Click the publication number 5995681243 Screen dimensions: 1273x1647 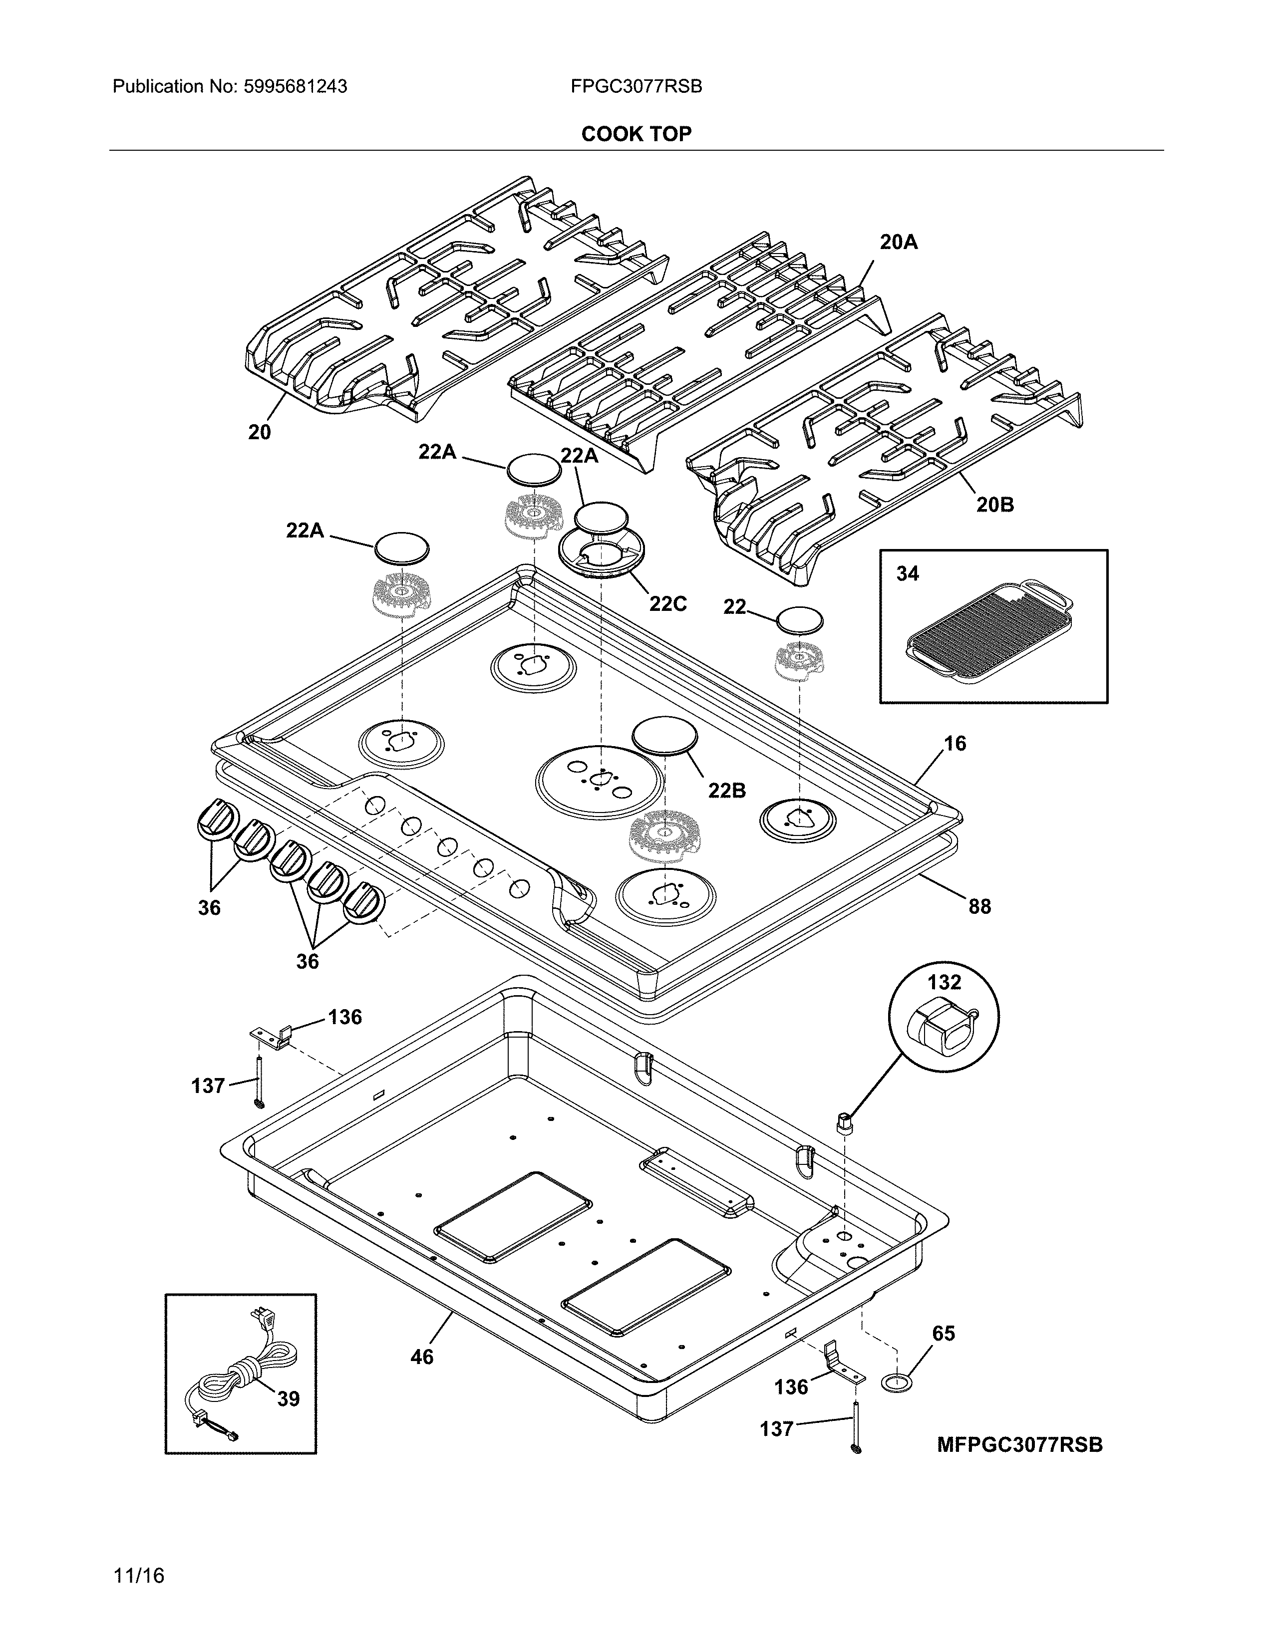pos(296,87)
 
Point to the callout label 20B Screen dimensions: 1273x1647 pos(995,505)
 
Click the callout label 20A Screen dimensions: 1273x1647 pos(899,242)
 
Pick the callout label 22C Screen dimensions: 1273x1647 pos(668,604)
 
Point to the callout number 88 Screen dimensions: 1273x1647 pos(979,906)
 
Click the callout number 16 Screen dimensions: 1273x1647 pos(955,744)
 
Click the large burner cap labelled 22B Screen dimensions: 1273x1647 pos(665,735)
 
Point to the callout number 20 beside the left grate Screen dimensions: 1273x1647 pos(260,432)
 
